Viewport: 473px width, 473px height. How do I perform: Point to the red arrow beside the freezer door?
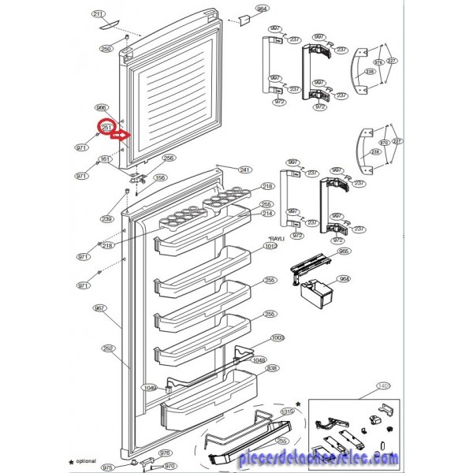pyautogui.click(x=120, y=136)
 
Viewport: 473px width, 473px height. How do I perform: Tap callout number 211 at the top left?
pyautogui.click(x=98, y=15)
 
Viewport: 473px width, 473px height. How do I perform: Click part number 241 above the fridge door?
pyautogui.click(x=244, y=169)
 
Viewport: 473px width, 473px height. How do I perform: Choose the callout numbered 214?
pyautogui.click(x=267, y=214)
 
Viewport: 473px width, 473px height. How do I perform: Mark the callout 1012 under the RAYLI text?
pyautogui.click(x=271, y=246)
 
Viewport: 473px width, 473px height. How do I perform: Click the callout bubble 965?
pyautogui.click(x=344, y=251)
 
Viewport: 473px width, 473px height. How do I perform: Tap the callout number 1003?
pyautogui.click(x=277, y=337)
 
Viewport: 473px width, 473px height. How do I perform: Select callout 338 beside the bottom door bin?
pyautogui.click(x=272, y=367)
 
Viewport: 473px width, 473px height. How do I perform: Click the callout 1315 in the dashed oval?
pyautogui.click(x=288, y=412)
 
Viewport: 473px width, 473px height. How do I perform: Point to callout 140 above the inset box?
pyautogui.click(x=384, y=385)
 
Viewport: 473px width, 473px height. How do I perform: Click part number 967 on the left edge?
pyautogui.click(x=99, y=308)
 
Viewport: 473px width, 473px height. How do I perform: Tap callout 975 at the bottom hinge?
pyautogui.click(x=107, y=467)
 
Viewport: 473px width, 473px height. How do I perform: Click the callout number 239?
pyautogui.click(x=106, y=218)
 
